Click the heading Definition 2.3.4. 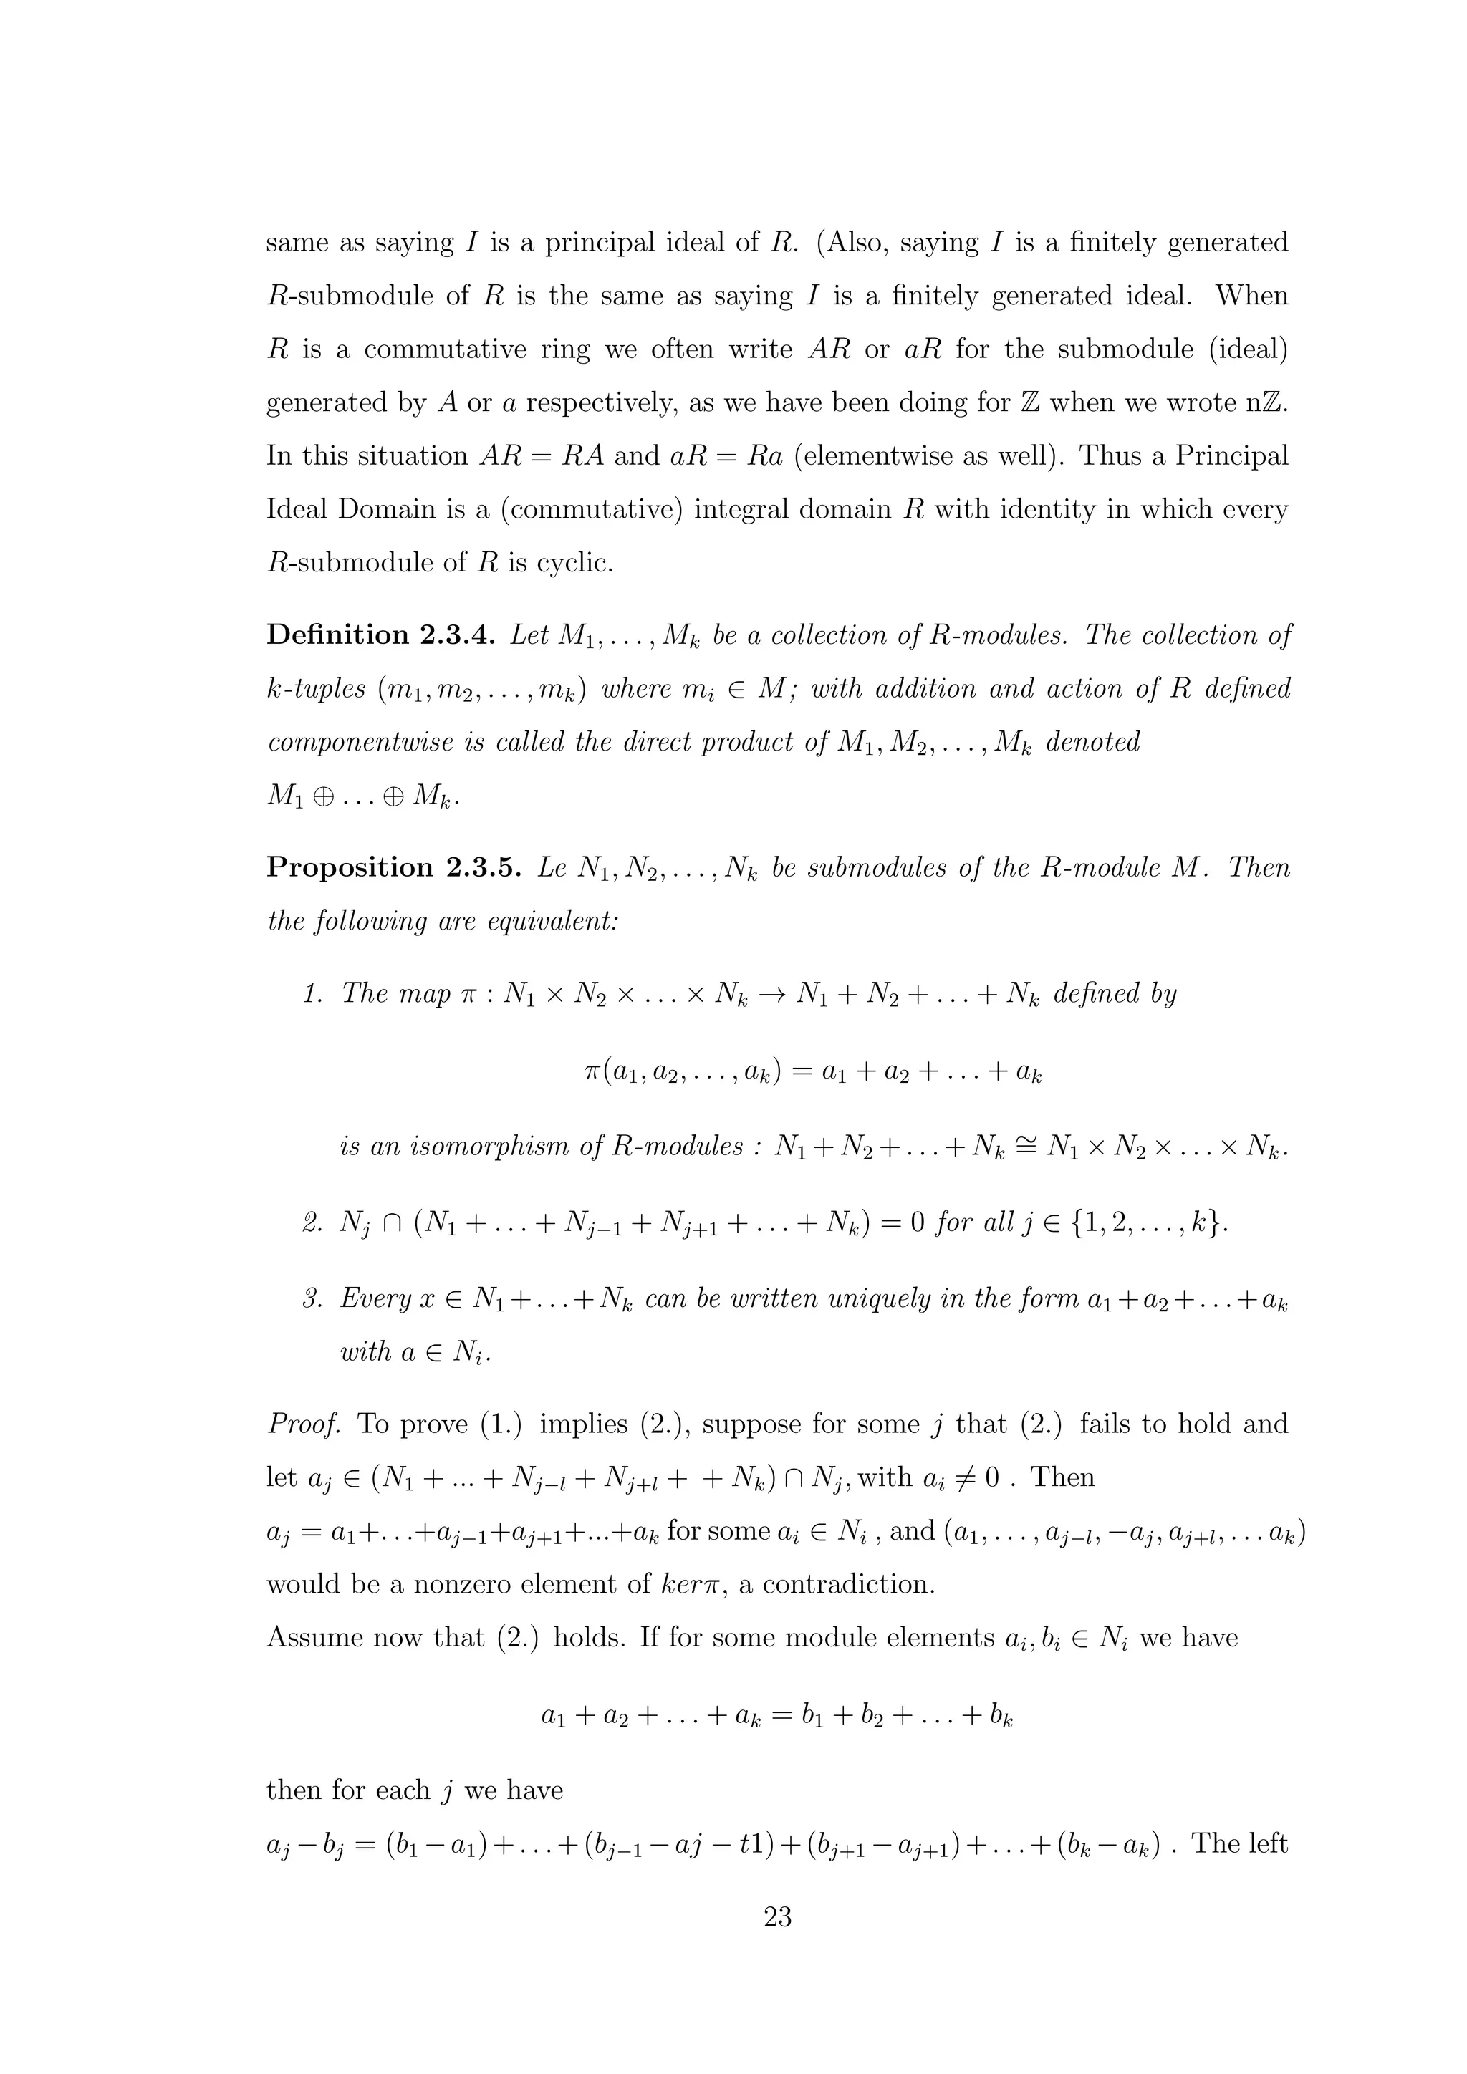pos(380,635)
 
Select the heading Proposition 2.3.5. pos(394,867)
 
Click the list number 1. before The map pos(314,993)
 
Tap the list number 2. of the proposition pos(314,1223)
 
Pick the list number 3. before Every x pos(314,1299)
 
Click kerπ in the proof pos(689,1584)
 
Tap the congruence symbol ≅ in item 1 pos(1027,1147)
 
